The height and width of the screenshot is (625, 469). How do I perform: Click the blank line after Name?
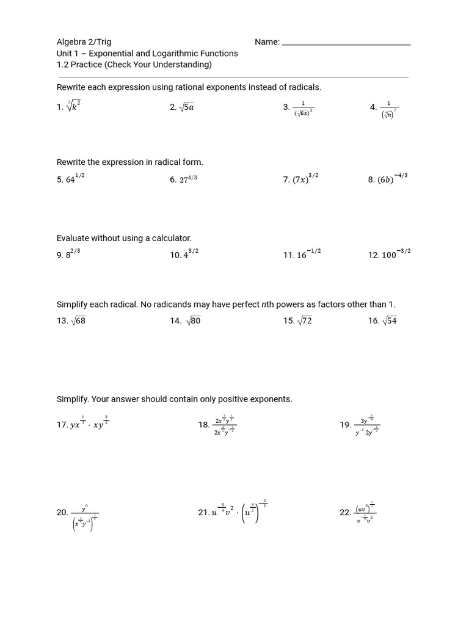tap(346, 43)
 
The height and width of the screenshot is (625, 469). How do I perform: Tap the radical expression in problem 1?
tap(74, 106)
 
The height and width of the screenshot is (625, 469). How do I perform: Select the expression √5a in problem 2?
tap(186, 107)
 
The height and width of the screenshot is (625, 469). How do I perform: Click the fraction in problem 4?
tap(389, 109)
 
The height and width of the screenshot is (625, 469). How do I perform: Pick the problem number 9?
tap(60, 256)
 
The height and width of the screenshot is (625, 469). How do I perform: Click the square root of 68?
tap(78, 321)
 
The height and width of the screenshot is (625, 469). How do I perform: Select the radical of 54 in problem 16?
tap(389, 321)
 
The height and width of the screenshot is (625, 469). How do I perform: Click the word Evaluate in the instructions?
tap(73, 238)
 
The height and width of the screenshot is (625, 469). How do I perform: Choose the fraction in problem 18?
tap(224, 425)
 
